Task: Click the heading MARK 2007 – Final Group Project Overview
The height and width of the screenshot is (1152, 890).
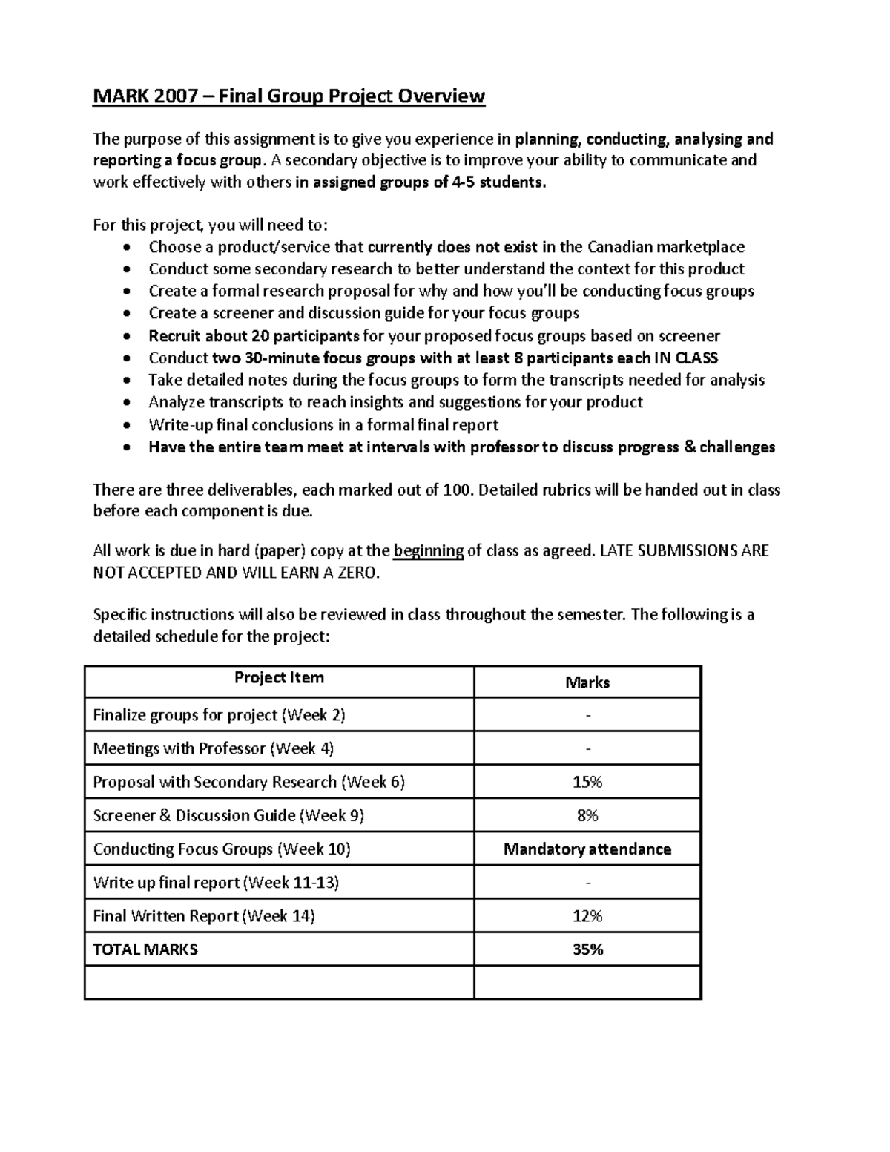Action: [289, 96]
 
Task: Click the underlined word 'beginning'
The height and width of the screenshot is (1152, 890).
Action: [428, 550]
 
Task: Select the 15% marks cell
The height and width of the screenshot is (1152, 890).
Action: [587, 782]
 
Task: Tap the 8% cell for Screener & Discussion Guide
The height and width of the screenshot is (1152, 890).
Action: [587, 815]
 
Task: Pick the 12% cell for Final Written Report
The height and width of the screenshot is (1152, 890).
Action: [587, 916]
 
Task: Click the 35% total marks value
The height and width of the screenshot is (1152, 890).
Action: [587, 949]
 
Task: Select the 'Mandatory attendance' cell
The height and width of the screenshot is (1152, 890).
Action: [587, 849]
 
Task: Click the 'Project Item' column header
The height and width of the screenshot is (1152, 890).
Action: [279, 678]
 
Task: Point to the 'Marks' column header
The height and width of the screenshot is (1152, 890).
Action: [587, 682]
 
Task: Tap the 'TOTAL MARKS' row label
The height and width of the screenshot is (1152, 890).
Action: [145, 949]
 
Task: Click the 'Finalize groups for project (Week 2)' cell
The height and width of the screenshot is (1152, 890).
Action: [220, 715]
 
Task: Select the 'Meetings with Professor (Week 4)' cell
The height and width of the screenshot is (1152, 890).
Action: [214, 748]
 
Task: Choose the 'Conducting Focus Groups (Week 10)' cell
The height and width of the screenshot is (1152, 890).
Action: [222, 849]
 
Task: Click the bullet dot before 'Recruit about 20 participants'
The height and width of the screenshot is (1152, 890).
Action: [129, 337]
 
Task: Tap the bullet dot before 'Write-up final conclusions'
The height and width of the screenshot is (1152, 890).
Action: [129, 426]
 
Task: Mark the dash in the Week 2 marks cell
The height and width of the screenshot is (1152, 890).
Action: [587, 716]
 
